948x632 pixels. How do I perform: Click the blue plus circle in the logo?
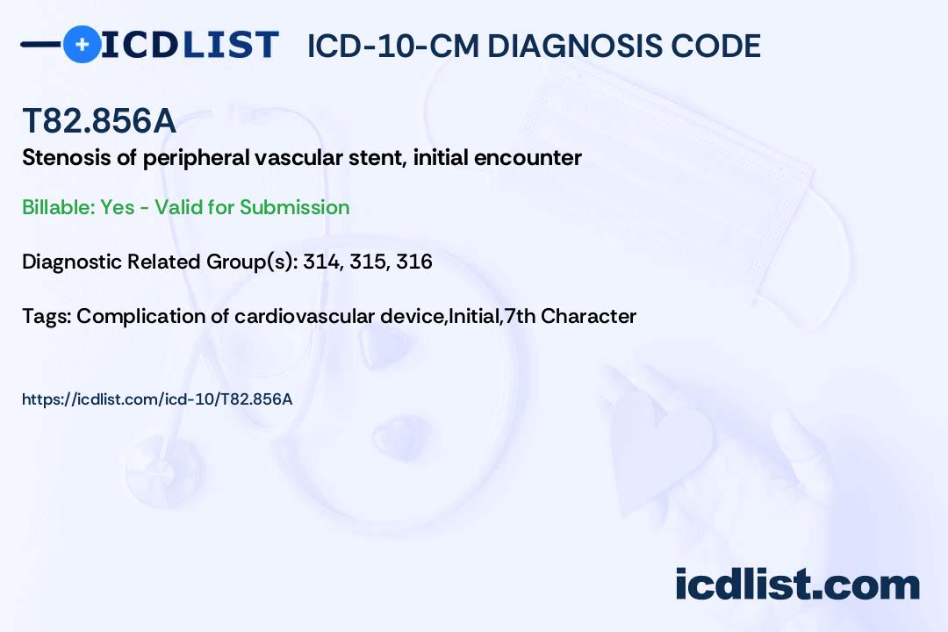pos(83,45)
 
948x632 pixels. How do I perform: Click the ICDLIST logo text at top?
pos(190,45)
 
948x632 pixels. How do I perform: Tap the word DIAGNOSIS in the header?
pos(565,46)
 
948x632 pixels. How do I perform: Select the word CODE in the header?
pos(706,46)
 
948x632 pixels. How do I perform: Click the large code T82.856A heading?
pos(99,121)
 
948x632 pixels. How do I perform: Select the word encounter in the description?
pos(528,159)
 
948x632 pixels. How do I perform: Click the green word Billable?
pos(60,207)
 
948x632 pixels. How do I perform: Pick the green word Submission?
pos(294,207)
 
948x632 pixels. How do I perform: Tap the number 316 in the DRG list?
pos(414,262)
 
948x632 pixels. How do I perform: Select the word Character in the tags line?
pos(588,316)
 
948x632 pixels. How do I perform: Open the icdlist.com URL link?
pos(157,399)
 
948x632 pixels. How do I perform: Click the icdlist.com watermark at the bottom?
pos(797,585)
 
